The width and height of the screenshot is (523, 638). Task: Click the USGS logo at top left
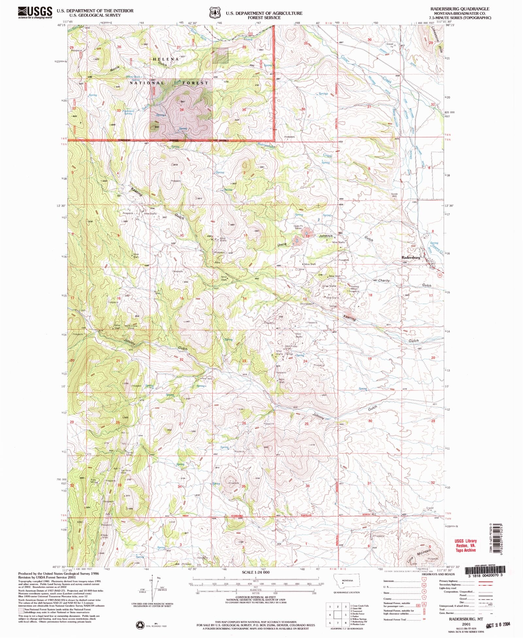35,12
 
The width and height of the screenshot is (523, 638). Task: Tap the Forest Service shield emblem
214,13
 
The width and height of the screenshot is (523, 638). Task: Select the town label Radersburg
411,258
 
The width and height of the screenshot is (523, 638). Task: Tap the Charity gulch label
384,280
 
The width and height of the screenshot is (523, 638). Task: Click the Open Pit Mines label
297,227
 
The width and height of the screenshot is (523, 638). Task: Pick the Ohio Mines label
306,304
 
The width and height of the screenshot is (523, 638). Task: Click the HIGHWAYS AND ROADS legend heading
438,574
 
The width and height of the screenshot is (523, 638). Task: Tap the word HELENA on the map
166,59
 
